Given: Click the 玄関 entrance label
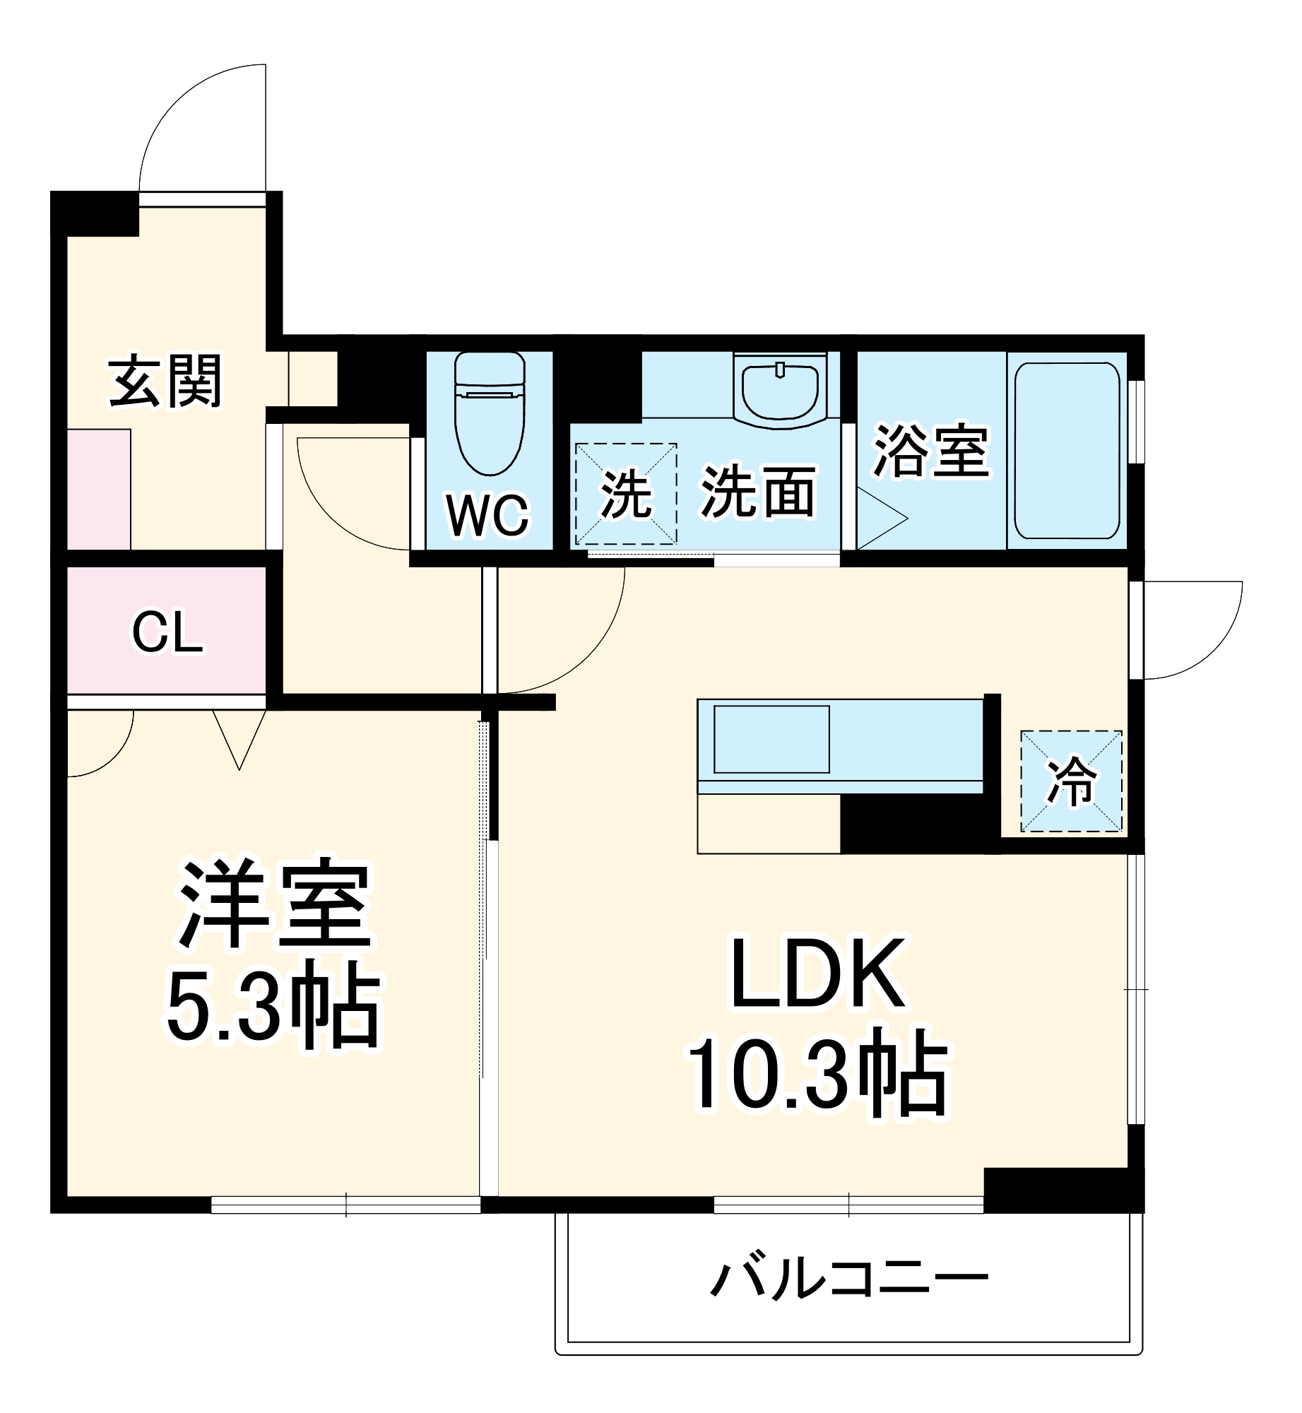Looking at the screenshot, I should [x=165, y=382].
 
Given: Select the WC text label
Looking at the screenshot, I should [x=487, y=516].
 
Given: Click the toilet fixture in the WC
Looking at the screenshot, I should [x=490, y=413].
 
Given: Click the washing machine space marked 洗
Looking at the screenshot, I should [x=626, y=495].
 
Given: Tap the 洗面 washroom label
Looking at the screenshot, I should [x=758, y=492].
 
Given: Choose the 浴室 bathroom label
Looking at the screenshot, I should [x=931, y=450].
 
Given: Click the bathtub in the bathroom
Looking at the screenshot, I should [x=1067, y=450].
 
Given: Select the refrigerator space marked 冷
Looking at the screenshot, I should [x=1071, y=781].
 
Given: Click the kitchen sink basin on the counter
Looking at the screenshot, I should [x=771, y=739].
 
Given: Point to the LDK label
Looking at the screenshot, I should [x=817, y=974].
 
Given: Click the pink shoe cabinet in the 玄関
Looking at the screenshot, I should [x=99, y=489].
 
